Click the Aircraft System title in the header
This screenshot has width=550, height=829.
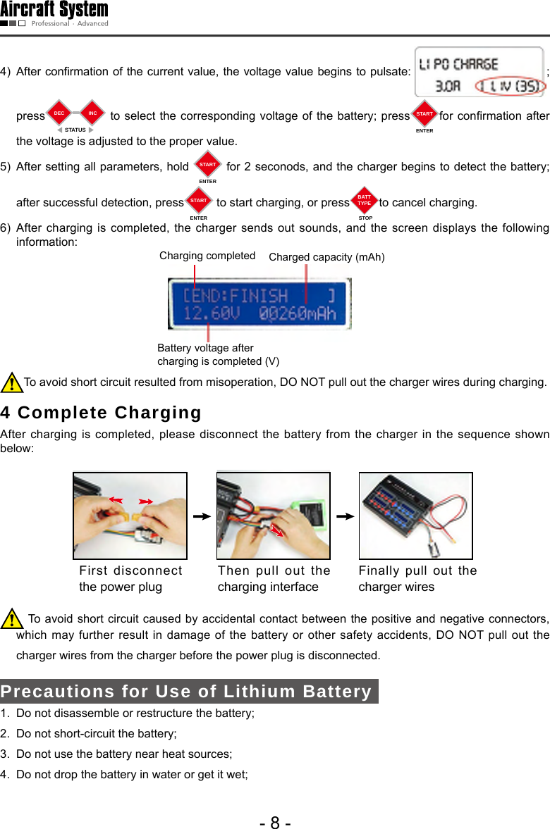pos(54,10)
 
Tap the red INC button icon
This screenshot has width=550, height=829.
pos(92,113)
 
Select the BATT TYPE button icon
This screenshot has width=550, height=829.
pos(364,201)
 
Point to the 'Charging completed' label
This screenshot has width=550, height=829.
pos(207,256)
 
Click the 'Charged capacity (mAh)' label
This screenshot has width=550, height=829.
pos(326,257)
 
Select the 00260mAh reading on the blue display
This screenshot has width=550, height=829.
pos(297,313)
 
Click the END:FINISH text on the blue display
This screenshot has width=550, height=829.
pos(236,294)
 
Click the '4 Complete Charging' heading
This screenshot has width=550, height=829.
pos(101,412)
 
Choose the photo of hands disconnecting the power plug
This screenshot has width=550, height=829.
pos(130,516)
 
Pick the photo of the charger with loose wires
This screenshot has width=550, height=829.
pos(415,516)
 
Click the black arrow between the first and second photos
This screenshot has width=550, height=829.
pos(202,516)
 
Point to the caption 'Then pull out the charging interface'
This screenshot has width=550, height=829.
pos(274,578)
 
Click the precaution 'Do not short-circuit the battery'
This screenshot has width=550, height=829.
pos(96,734)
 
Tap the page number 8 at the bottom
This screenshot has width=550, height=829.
pos(275,822)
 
